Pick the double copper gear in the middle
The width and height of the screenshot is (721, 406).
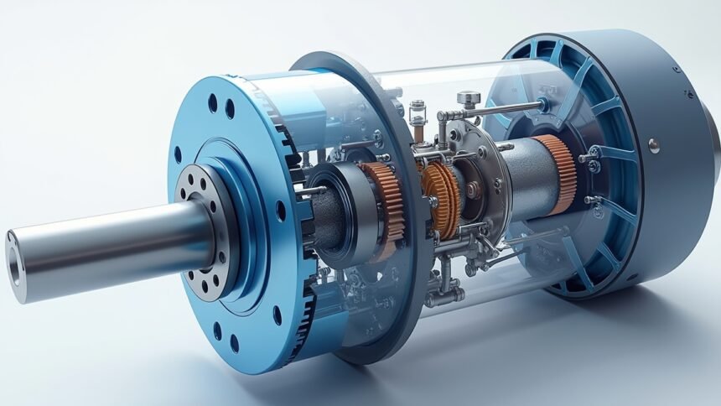pos(441,198)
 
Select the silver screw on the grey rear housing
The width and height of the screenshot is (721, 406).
pos(653,145)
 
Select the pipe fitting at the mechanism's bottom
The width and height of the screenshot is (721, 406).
pos(444,293)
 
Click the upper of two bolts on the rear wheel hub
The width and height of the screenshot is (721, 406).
pos(594,152)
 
